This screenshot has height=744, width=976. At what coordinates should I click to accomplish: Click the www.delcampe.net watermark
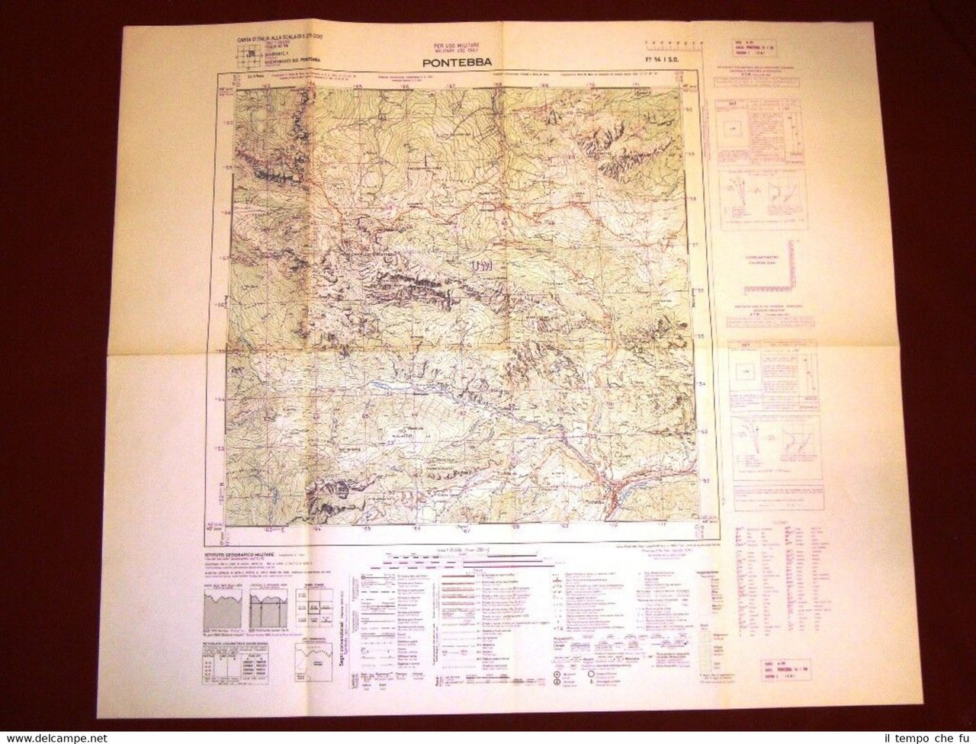pyautogui.click(x=53, y=738)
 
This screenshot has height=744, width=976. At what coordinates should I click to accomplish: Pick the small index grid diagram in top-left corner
pyautogui.click(x=245, y=53)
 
